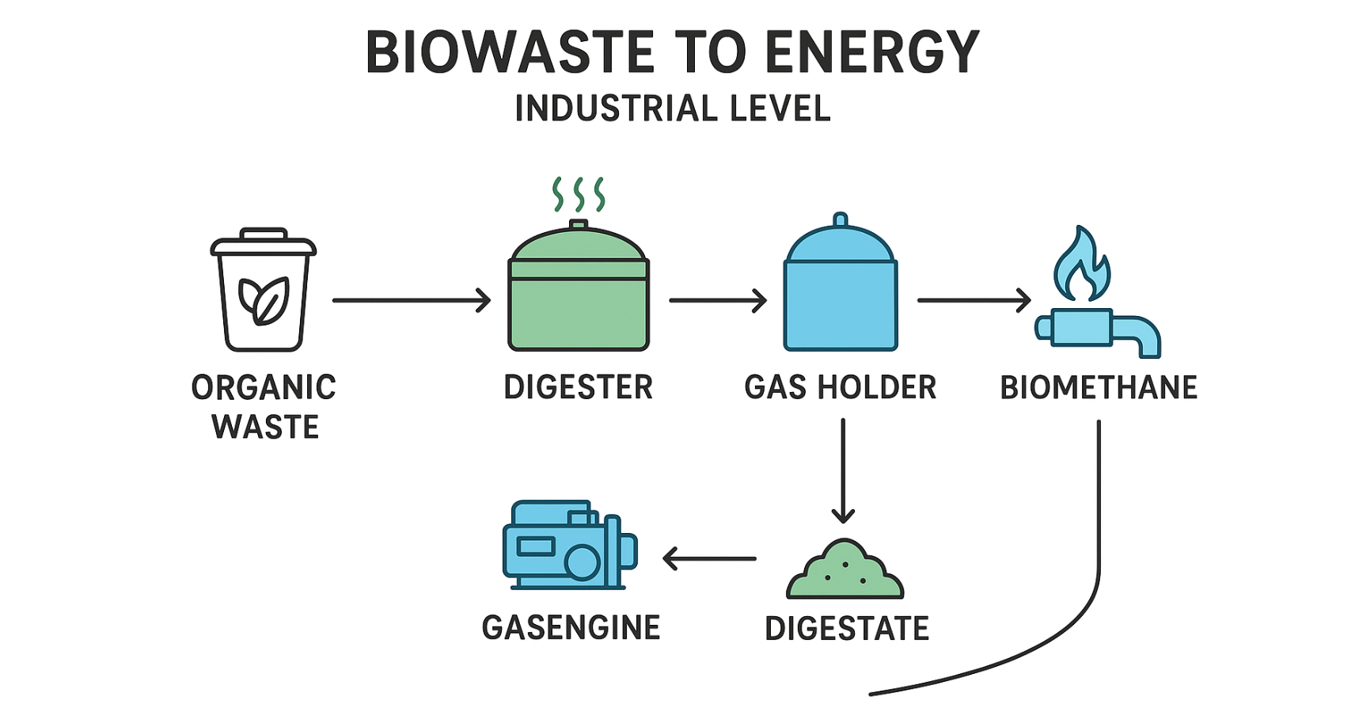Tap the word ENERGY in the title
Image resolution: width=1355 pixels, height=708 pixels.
872,52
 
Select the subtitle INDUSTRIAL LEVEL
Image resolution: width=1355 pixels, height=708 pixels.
673,108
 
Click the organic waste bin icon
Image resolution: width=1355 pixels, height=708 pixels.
264,291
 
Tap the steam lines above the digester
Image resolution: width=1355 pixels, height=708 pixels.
579,194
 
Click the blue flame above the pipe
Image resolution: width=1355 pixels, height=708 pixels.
1081,265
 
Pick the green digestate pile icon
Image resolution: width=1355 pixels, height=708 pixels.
845,571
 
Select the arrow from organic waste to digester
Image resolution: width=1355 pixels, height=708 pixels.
412,300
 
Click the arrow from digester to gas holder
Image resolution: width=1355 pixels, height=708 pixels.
717,300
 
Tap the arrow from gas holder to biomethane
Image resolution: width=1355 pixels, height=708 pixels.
974,300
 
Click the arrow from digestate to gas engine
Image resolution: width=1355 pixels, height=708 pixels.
709,558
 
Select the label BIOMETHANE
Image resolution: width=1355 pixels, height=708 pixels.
1099,388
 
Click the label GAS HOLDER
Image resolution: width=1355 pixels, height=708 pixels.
841,388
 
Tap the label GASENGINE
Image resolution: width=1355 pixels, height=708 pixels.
571,628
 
